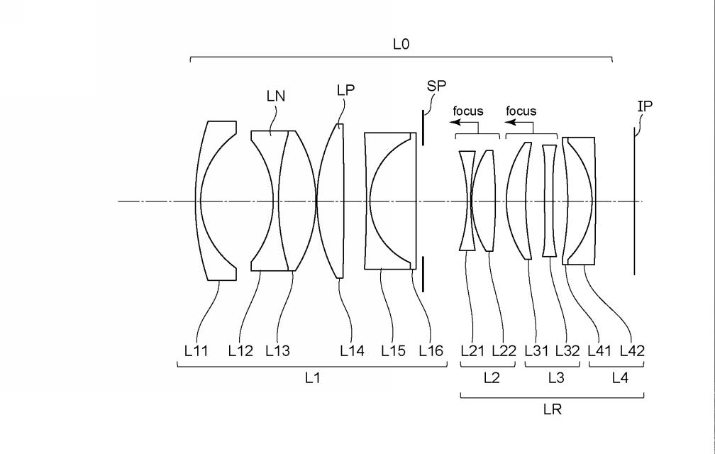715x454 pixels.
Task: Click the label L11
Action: pyautogui.click(x=196, y=350)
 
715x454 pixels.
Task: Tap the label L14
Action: pyautogui.click(x=353, y=350)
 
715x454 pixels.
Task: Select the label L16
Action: pyautogui.click(x=431, y=350)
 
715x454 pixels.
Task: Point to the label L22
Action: pyautogui.click(x=504, y=350)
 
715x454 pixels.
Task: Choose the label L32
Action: pyautogui.click(x=567, y=350)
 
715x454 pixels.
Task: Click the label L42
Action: pyautogui.click(x=633, y=350)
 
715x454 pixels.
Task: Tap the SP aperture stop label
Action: pyautogui.click(x=436, y=86)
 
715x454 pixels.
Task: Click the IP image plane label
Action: pyautogui.click(x=645, y=106)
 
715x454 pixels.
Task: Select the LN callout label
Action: pyautogui.click(x=276, y=96)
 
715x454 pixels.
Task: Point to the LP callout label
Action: pyautogui.click(x=345, y=90)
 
